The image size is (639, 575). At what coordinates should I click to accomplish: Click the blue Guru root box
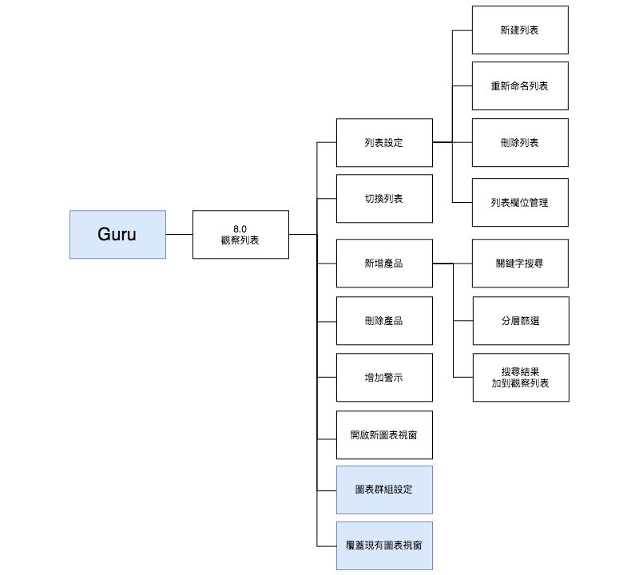tap(117, 234)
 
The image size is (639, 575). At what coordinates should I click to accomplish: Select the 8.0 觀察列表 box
tap(240, 234)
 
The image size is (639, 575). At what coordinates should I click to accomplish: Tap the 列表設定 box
tap(384, 143)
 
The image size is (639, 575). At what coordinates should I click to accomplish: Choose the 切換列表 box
tap(384, 198)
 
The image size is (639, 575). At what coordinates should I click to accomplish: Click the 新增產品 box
tap(384, 263)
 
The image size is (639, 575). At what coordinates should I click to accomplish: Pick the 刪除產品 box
tap(384, 320)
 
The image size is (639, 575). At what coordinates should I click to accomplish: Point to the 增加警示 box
tap(384, 377)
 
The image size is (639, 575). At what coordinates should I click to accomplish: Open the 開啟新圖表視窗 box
tap(384, 434)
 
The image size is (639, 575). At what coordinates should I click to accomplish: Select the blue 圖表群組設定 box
tap(384, 490)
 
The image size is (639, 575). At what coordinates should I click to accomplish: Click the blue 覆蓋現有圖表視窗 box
tap(384, 545)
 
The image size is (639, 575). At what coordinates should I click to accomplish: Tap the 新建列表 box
tap(520, 30)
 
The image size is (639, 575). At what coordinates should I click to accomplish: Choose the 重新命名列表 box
tap(520, 85)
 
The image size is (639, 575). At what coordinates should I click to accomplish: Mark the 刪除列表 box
tap(520, 142)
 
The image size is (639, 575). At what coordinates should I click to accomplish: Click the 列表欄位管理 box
tap(520, 202)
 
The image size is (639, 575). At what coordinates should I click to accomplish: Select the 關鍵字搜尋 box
tap(520, 263)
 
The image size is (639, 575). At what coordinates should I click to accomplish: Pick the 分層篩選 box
tap(520, 320)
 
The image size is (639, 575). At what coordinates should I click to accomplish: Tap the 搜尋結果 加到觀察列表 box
tap(520, 378)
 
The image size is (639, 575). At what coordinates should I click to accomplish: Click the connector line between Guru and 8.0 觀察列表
tap(179, 234)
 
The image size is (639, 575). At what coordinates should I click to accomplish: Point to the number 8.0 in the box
tap(240, 228)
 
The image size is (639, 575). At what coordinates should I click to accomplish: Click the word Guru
tap(117, 234)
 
